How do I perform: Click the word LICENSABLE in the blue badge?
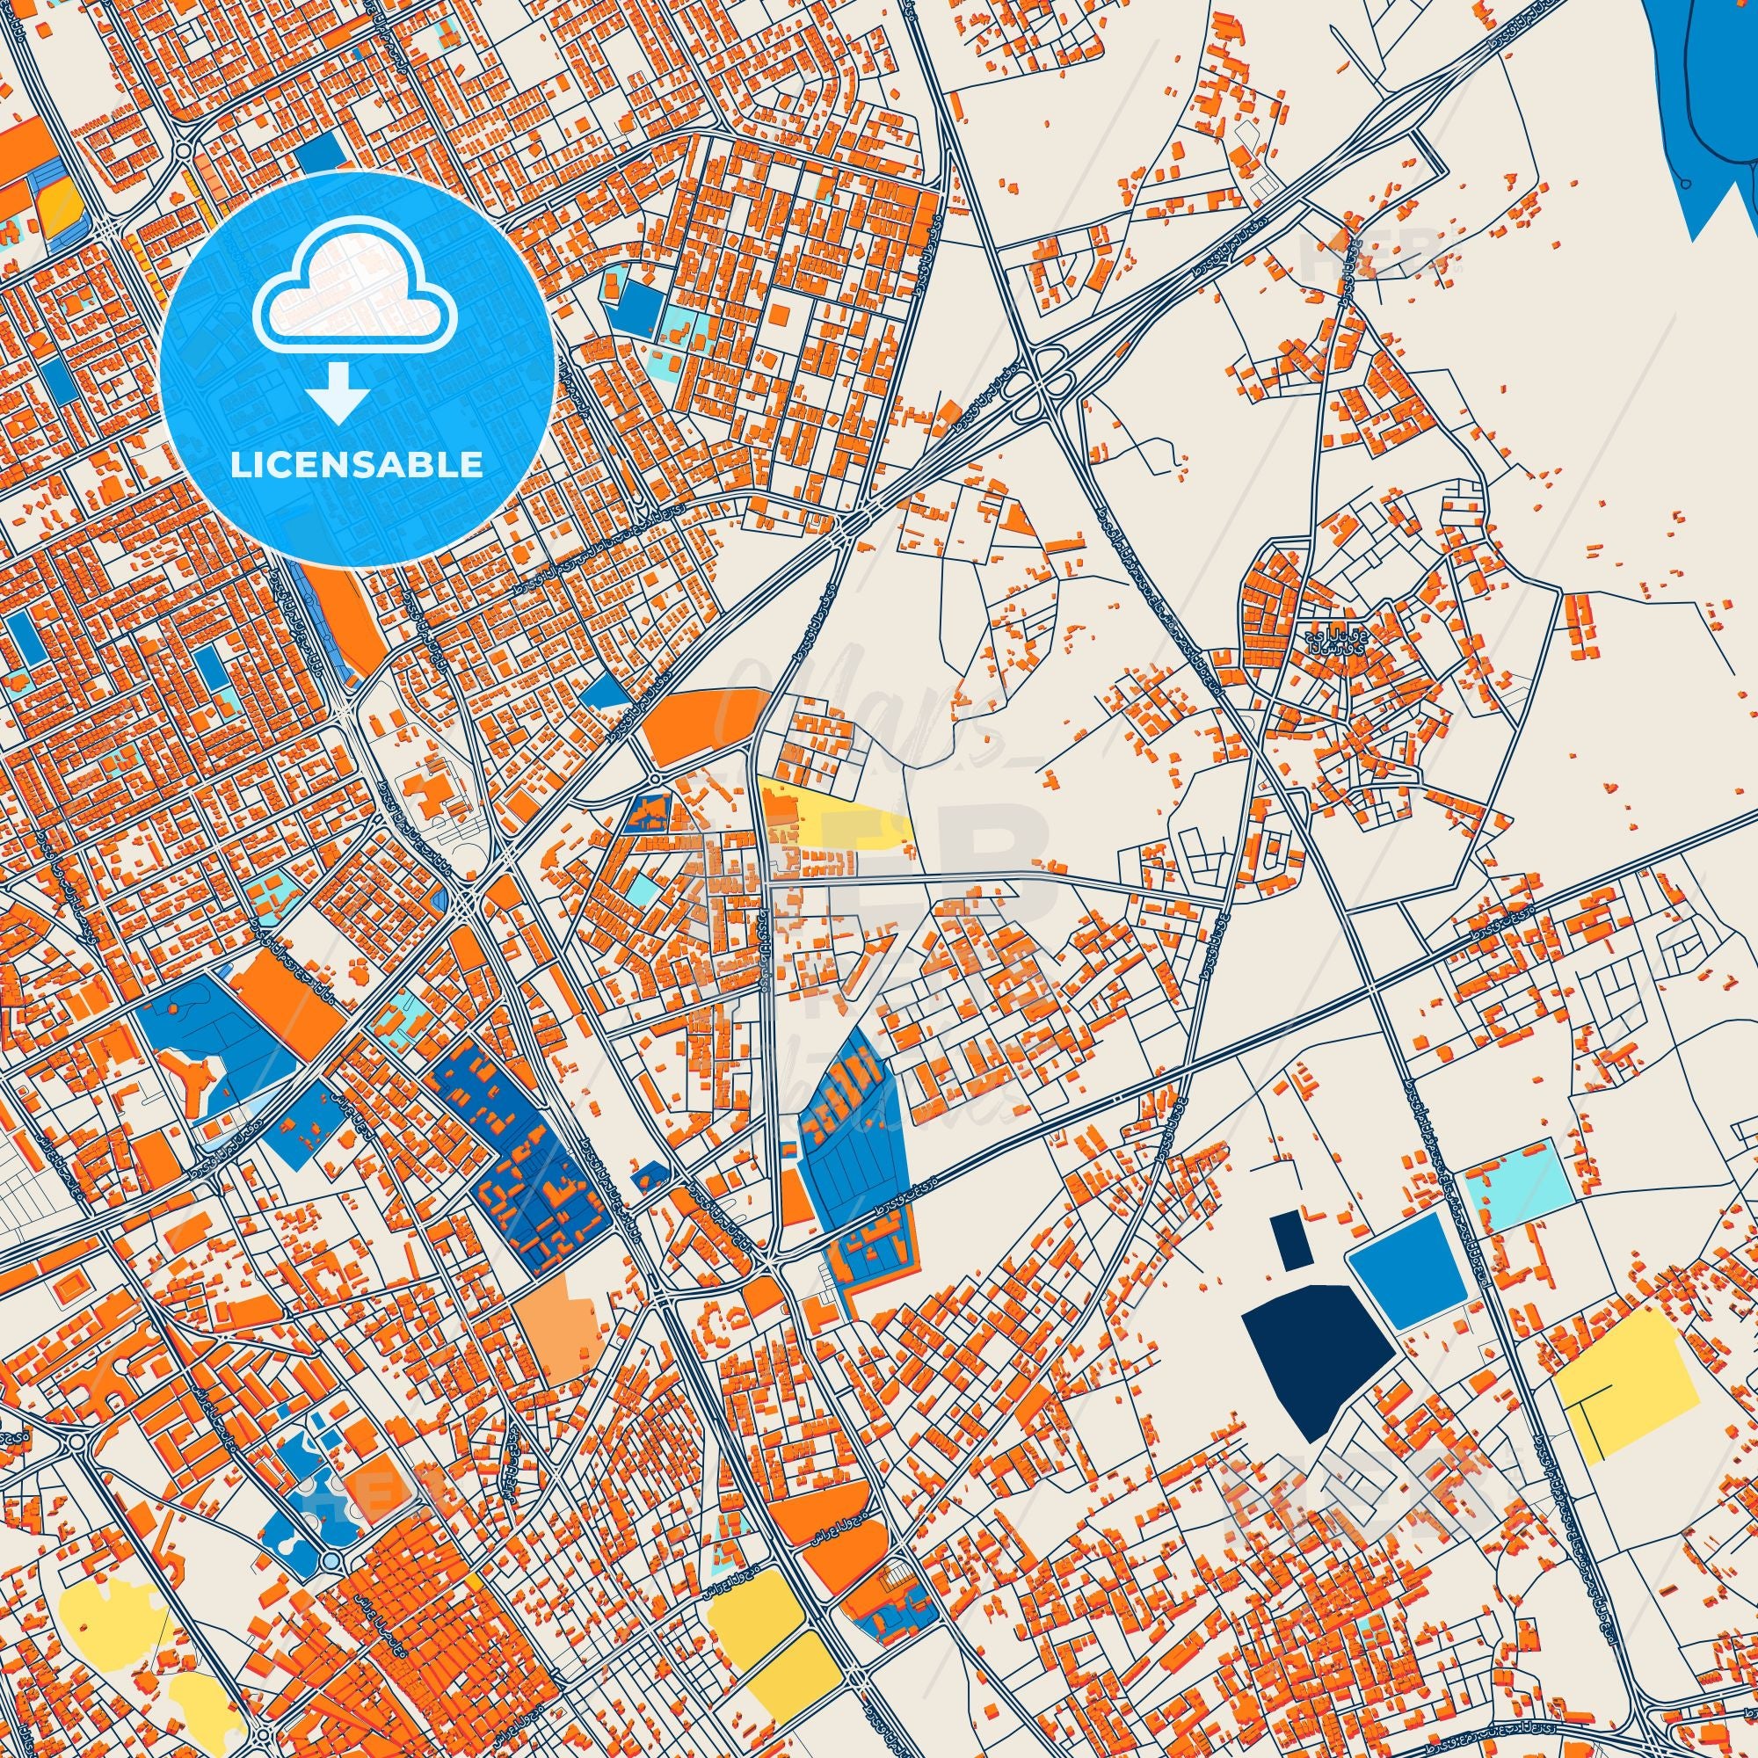pyautogui.click(x=357, y=465)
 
